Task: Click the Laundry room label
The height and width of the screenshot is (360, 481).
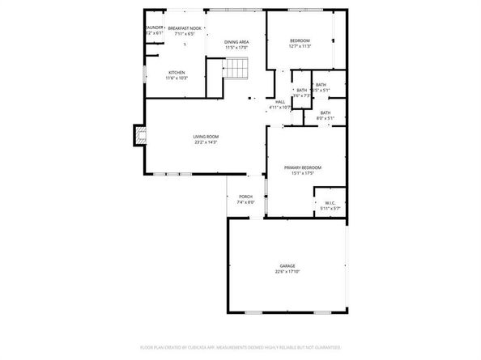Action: point(153,28)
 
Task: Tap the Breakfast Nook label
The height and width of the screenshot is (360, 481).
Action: point(185,28)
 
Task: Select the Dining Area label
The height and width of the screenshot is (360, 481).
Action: point(236,40)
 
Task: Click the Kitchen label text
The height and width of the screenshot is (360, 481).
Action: point(177,72)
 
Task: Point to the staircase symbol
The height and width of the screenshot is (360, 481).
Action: point(235,69)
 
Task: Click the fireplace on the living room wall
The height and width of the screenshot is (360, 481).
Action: point(139,136)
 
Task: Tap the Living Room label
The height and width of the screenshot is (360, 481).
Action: point(206,137)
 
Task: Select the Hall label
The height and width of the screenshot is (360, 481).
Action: point(280,101)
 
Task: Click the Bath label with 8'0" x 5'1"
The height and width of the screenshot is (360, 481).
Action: point(326,112)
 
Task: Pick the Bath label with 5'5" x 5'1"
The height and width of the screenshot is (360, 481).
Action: point(321,85)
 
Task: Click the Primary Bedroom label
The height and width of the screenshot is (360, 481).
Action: point(298,167)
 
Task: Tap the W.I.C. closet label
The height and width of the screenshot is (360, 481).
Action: point(330,202)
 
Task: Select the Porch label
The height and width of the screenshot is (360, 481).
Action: point(245,197)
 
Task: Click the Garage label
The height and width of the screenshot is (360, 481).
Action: point(287,265)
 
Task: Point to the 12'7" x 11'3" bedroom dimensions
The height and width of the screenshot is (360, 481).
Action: point(300,46)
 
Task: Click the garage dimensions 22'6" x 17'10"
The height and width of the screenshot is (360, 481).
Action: point(287,272)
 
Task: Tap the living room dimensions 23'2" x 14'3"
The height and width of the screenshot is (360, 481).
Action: point(206,142)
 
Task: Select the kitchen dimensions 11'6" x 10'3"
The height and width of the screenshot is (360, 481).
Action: point(177,78)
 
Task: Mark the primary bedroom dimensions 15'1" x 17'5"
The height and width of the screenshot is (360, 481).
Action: point(298,173)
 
